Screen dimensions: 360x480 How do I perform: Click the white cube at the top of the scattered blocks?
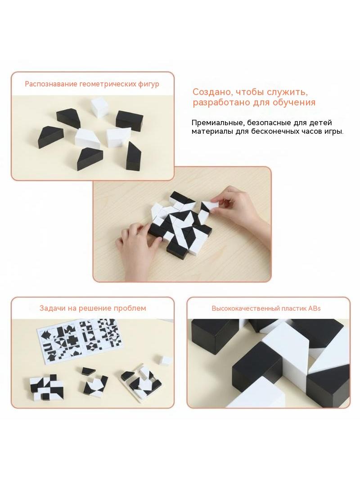click(100, 107)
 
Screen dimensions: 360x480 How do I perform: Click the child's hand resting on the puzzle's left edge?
click(138, 238)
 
